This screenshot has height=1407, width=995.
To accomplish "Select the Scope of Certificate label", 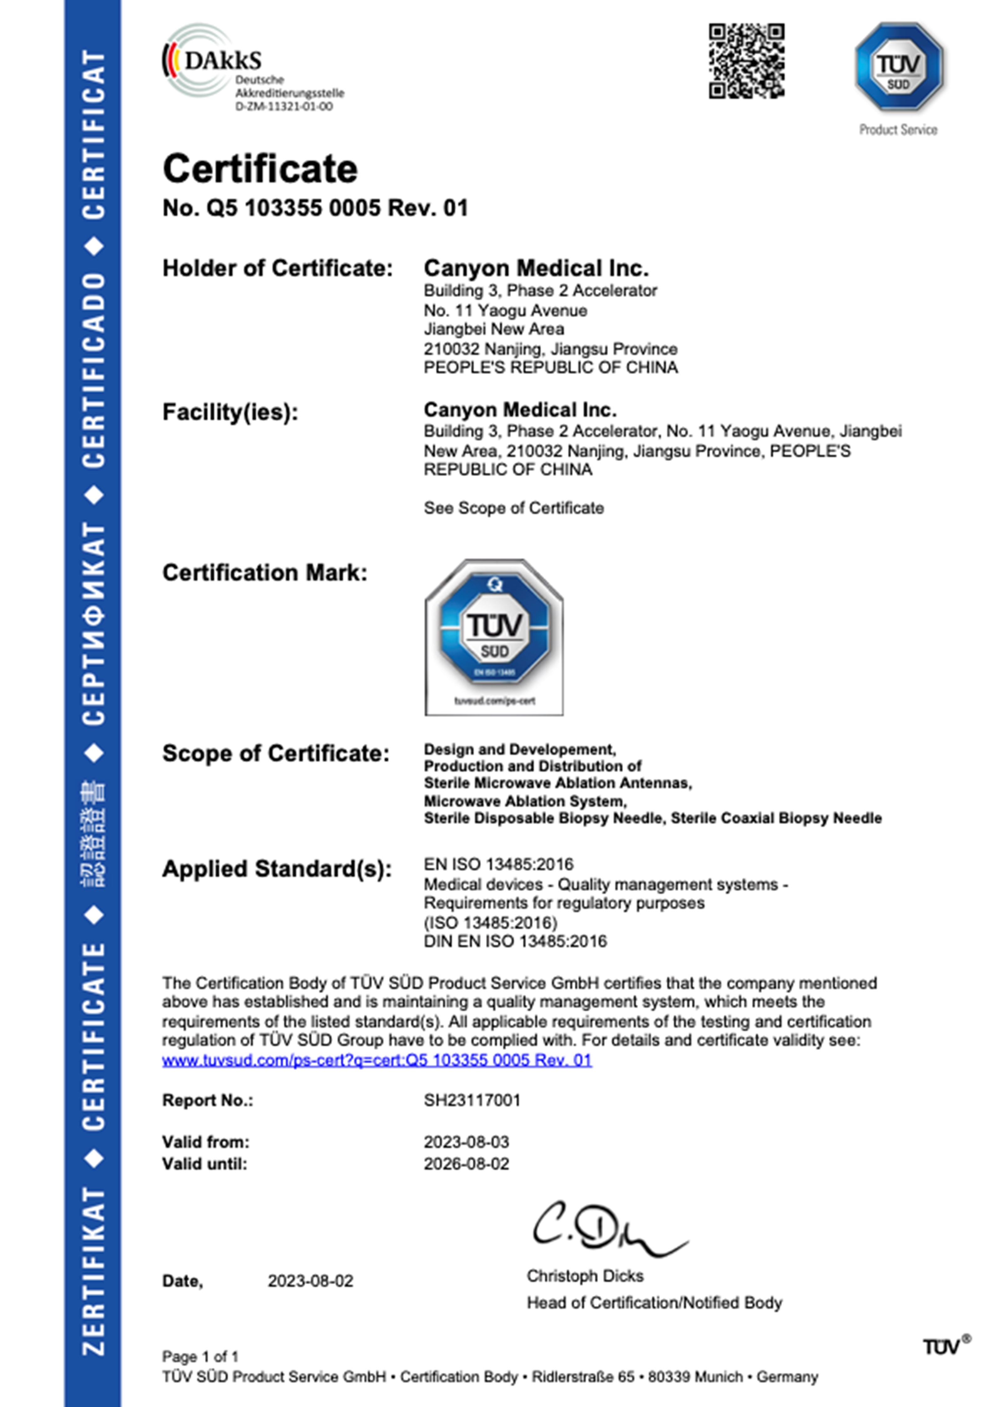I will [x=276, y=753].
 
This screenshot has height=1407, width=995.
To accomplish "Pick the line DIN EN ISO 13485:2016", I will [x=515, y=941].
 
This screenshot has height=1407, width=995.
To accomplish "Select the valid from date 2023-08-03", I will [x=466, y=1142].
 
